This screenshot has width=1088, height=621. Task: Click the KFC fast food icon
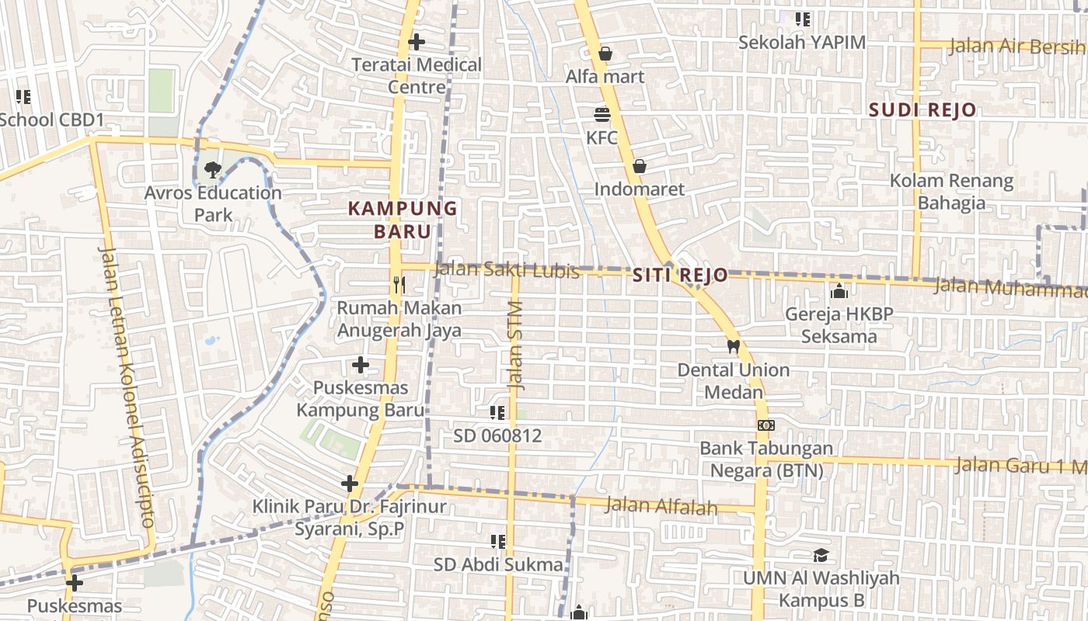coord(602,115)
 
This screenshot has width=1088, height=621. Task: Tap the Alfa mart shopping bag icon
coord(605,54)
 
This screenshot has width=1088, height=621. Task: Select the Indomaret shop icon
coord(639,166)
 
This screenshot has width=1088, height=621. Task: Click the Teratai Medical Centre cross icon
coord(417,41)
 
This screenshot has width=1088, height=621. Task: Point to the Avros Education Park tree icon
coord(211,169)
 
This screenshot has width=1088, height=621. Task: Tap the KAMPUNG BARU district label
coord(403,220)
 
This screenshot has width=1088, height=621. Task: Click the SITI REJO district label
coord(680,275)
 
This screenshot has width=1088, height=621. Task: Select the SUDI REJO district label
coord(922,109)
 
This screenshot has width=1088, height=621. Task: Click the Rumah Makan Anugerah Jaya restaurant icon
coord(399,285)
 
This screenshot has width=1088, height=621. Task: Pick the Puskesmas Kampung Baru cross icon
coord(361,364)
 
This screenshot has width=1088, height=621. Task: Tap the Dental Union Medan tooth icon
coord(732,346)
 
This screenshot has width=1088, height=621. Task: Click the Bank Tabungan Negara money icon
coord(766,425)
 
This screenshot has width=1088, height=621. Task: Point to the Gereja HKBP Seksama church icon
coord(839,291)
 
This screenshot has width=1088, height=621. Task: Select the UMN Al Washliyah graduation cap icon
coord(821,555)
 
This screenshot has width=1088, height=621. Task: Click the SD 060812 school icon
coord(497,413)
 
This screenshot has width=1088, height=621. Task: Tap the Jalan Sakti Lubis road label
coord(506,270)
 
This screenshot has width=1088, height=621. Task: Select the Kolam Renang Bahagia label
coord(951,192)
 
